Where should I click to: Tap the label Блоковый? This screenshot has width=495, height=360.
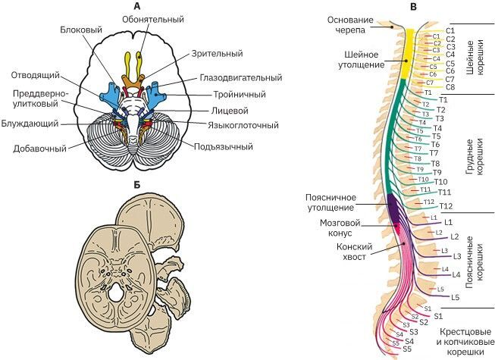(81, 30)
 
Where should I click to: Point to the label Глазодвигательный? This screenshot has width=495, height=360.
(241, 77)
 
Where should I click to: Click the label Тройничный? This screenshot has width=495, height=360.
(238, 95)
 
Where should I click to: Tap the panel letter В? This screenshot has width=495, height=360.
(412, 7)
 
